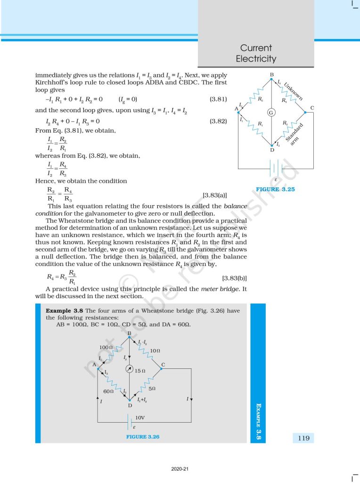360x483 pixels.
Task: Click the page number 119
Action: click(304, 438)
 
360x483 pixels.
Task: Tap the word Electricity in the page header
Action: click(256, 59)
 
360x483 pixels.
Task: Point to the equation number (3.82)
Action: click(218, 121)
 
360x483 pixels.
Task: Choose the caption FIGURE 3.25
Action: click(275, 189)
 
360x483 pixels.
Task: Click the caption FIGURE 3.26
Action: click(143, 437)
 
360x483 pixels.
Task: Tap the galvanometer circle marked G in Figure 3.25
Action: click(271, 113)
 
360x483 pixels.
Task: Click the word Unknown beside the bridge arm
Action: click(294, 90)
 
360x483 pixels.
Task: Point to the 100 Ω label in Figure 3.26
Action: click(105, 347)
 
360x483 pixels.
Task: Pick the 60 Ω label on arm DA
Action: click(108, 391)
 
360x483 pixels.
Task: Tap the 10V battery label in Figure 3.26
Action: click(140, 418)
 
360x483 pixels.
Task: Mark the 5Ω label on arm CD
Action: click(152, 389)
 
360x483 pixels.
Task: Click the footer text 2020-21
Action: click(180, 469)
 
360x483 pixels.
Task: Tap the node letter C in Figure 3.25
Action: click(312, 108)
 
